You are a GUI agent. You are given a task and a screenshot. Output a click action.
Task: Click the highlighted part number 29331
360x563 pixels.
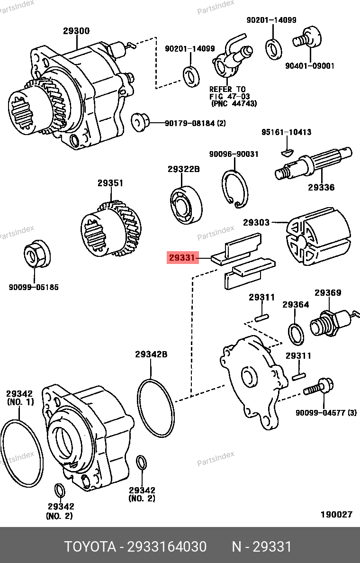pyautogui.click(x=181, y=258)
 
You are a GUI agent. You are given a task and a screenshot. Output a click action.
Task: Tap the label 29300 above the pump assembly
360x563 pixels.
pyautogui.click(x=76, y=31)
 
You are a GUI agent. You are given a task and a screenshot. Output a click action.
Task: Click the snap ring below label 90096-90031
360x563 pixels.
pyautogui.click(x=234, y=188)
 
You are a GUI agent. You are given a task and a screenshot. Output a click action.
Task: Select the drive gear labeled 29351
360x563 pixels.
pyautogui.click(x=112, y=229)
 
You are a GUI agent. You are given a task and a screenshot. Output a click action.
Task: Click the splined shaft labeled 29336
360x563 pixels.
pyautogui.click(x=314, y=166)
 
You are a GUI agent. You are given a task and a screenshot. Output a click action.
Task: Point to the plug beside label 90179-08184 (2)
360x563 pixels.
pyautogui.click(x=139, y=122)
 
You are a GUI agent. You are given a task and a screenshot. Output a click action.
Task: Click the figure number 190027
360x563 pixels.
pyautogui.click(x=336, y=515)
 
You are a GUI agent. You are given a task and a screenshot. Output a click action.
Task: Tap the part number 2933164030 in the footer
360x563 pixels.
pyautogui.click(x=166, y=547)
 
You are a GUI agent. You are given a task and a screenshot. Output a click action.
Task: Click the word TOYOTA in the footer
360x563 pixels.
pyautogui.click(x=90, y=547)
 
